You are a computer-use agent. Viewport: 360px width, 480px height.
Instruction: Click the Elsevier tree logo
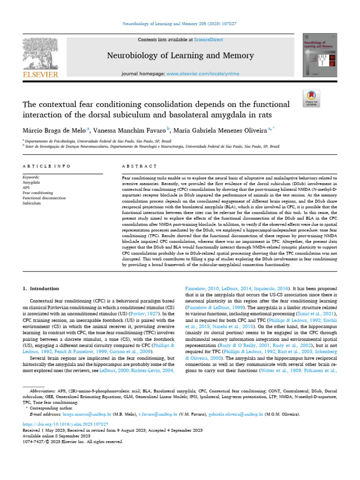click(x=40, y=53)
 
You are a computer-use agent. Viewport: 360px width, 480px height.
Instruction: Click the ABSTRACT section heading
click(x=139, y=166)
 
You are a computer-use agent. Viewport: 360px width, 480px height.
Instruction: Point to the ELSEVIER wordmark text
click(x=40, y=75)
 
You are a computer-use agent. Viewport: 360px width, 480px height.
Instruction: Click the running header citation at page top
click(x=180, y=23)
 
